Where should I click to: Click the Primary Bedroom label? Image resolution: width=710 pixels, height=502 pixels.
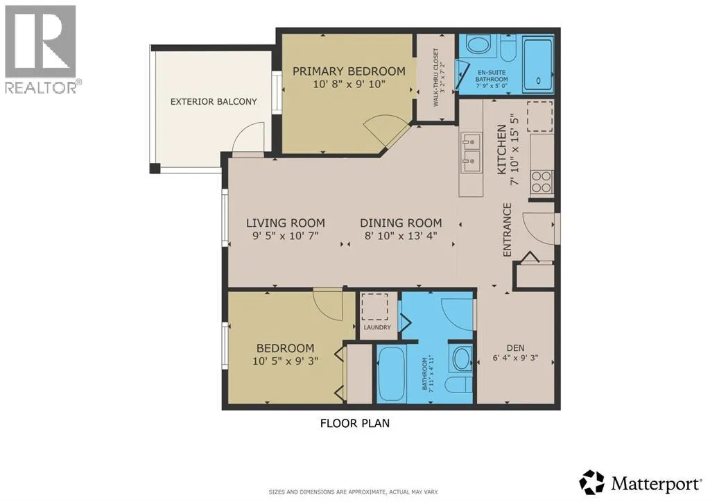(x=349, y=71)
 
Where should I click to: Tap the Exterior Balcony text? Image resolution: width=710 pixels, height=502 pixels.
(x=214, y=102)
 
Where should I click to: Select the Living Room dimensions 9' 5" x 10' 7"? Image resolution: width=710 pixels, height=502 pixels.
(x=286, y=236)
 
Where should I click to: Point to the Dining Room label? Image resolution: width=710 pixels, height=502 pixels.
(x=401, y=223)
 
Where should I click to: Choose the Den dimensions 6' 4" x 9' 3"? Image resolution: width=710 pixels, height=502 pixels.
(x=515, y=358)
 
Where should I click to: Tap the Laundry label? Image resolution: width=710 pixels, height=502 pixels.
(x=377, y=327)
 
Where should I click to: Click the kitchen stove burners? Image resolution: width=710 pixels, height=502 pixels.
(x=542, y=182)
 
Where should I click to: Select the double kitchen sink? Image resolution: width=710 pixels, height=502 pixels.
(x=471, y=153)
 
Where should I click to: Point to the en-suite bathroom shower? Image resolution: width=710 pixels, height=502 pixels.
(x=538, y=64)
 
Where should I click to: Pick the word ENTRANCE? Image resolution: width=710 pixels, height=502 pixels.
(x=507, y=230)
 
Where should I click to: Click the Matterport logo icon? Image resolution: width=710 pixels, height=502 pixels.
(x=592, y=483)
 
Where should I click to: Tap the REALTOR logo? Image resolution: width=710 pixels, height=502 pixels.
(x=41, y=49)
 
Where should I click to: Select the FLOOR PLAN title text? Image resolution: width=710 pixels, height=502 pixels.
(x=355, y=424)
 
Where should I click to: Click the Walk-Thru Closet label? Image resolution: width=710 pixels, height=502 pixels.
(x=435, y=78)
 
